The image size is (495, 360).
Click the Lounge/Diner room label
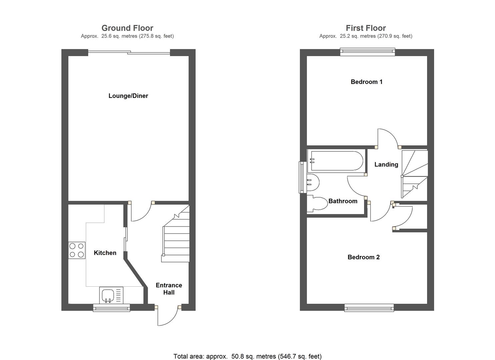pyautogui.click(x=128, y=96)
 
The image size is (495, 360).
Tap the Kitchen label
pyautogui.click(x=105, y=253)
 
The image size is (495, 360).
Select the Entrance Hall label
pyautogui.click(x=169, y=289)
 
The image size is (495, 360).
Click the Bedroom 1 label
pyautogui.click(x=367, y=82)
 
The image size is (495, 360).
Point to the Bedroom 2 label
pyautogui.click(x=363, y=257)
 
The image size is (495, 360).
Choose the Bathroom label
pyautogui.click(x=343, y=201)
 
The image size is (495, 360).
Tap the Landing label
pyautogui.click(x=386, y=165)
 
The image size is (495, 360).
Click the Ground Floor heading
pyautogui.click(x=127, y=28)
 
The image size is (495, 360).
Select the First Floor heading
pyautogui.click(x=366, y=28)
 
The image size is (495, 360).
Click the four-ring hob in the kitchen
pyautogui.click(x=77, y=250)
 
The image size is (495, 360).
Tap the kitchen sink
pyautogui.click(x=108, y=295)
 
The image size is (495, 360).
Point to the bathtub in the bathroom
pyautogui.click(x=336, y=161)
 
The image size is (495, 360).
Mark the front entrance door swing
pyautogui.click(x=168, y=316)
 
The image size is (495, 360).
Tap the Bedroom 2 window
pyautogui.click(x=369, y=308)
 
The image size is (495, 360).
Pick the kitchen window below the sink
pyautogui.click(x=111, y=308)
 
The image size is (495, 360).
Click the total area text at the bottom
pyautogui.click(x=247, y=356)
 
